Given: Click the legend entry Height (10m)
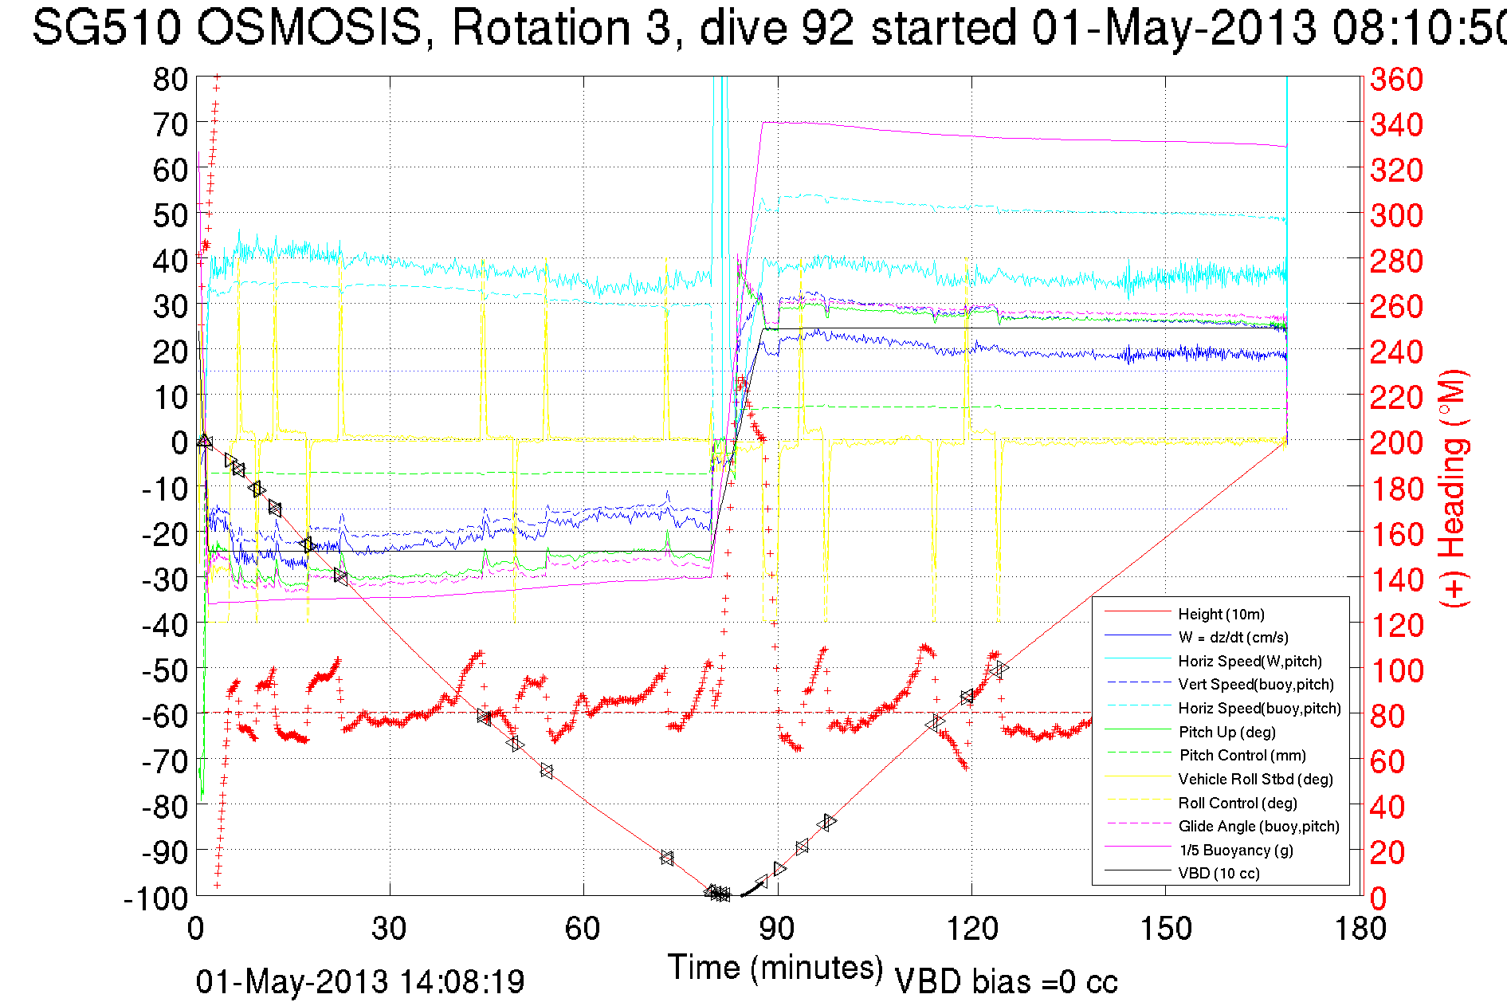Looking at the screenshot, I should (1221, 614).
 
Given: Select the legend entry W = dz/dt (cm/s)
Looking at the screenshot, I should (1233, 637).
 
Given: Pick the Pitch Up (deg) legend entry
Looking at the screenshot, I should (1226, 732).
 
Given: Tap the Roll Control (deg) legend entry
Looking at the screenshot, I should (1238, 803).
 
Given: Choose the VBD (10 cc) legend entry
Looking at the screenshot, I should (1219, 873).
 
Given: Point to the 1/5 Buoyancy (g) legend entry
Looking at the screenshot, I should (1236, 850).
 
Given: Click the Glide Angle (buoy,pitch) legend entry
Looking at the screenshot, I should (1258, 826).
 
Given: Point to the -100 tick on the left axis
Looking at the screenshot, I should (156, 898).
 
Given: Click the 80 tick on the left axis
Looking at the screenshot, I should (170, 79).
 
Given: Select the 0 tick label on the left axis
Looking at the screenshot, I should (179, 442).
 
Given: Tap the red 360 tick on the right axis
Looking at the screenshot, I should (1396, 79).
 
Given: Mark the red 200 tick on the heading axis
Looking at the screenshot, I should (1396, 442).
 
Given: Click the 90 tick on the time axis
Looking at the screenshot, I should (777, 929).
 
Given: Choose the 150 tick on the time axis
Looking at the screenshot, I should (1166, 929).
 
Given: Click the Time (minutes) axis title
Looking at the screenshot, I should (775, 968).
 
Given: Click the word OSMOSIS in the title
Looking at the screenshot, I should (309, 27).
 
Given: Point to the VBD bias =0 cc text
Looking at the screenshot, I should (1006, 982).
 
